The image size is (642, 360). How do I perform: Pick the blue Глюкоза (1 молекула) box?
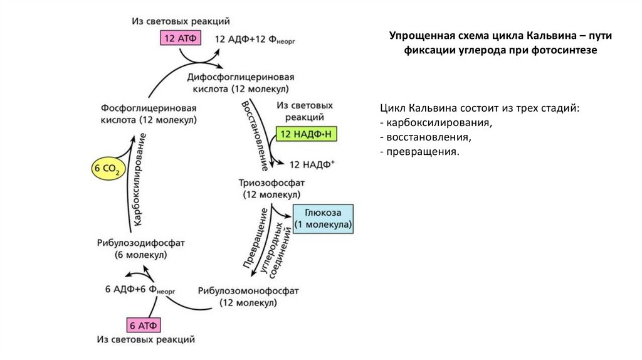[x=323, y=218]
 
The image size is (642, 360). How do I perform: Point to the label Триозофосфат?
[x=271, y=183]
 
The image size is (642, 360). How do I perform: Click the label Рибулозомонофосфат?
[x=248, y=291]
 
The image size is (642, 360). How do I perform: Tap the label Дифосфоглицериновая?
[x=241, y=77]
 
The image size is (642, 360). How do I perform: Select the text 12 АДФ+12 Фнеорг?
[x=255, y=39]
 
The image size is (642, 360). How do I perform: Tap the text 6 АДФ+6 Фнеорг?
[x=139, y=290]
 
